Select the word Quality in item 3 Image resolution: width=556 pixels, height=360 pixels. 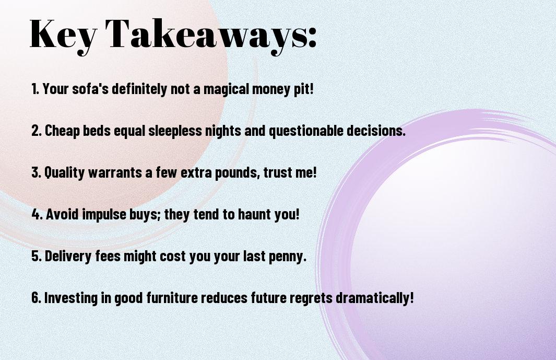click(65, 172)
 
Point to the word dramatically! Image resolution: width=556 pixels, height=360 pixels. click(374, 297)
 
